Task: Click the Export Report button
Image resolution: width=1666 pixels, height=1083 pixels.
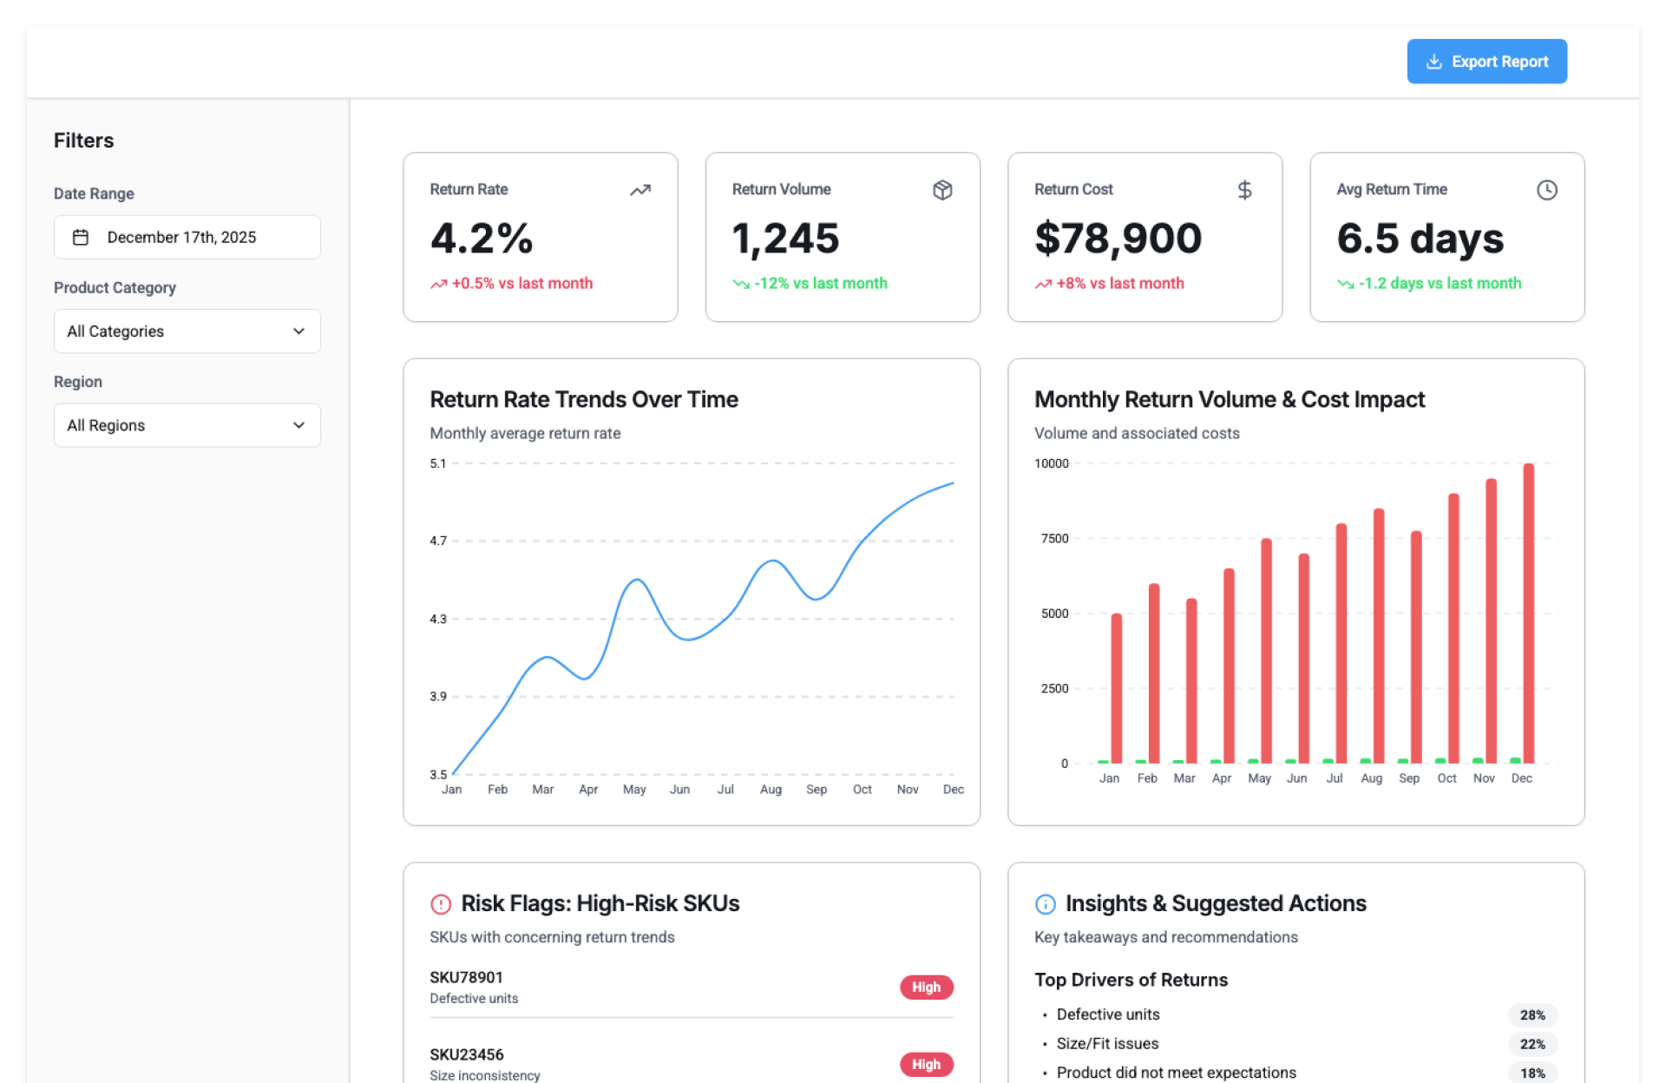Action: pos(1486,62)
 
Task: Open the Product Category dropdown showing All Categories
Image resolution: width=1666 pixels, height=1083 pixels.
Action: pos(187,331)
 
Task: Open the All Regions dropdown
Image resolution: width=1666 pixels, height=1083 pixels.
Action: pos(187,425)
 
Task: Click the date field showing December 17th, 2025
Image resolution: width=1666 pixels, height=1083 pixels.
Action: pos(187,237)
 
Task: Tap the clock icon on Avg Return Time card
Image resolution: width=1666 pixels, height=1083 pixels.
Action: pos(1546,190)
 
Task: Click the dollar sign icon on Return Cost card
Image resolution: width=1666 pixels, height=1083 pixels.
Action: pos(1244,190)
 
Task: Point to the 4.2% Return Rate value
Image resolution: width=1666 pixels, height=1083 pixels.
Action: pos(482,239)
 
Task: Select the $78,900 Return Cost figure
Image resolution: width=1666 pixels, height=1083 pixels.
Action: pos(1118,239)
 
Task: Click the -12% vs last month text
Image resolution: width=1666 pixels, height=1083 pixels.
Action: pos(820,284)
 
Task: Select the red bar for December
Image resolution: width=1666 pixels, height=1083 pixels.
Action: pos(1528,613)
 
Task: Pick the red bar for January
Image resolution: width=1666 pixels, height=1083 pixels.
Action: pos(1116,688)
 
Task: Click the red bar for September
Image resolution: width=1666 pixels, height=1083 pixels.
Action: pos(1416,647)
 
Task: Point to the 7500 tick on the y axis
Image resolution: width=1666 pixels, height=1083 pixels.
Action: pos(1054,539)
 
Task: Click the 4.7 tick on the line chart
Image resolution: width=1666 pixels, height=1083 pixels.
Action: pos(438,541)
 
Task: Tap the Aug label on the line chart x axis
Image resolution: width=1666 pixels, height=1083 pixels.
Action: pos(771,790)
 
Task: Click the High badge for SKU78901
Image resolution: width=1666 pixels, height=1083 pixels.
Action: pos(926,988)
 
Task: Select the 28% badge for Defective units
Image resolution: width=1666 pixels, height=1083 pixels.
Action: pos(1532,1015)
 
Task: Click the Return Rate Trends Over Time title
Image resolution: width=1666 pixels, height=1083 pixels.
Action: pos(584,399)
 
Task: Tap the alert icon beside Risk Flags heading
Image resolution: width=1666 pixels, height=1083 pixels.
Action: pos(441,904)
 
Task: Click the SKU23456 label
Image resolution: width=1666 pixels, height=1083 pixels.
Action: pos(467,1054)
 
